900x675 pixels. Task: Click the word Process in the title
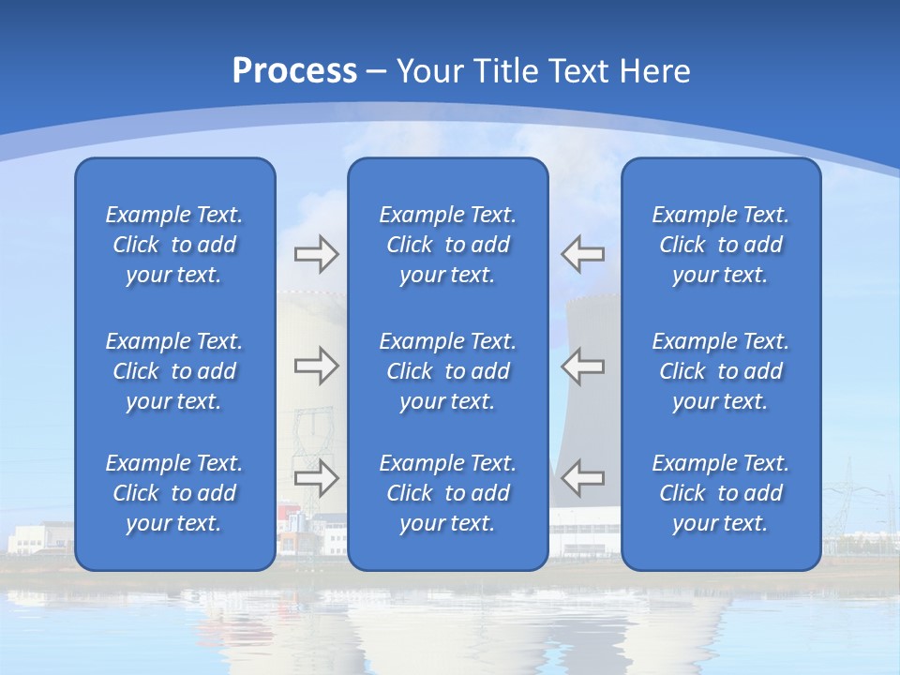(x=294, y=71)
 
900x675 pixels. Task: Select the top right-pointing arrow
(x=316, y=254)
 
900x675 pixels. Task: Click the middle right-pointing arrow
(x=316, y=366)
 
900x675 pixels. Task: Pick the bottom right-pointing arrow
(x=316, y=478)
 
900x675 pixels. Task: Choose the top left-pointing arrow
(x=582, y=254)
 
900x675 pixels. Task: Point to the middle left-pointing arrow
(x=582, y=366)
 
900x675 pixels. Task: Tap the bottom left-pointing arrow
(x=582, y=478)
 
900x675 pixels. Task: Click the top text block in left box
(x=174, y=245)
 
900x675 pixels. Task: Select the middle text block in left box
(x=174, y=371)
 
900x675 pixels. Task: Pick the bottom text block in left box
(x=174, y=493)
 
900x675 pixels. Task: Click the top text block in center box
(x=448, y=245)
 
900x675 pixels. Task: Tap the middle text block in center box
(x=448, y=371)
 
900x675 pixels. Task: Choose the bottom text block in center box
(x=448, y=493)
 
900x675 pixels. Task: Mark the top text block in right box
(x=721, y=245)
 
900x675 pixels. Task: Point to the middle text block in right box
(x=721, y=371)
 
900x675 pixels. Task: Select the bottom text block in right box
(x=721, y=493)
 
